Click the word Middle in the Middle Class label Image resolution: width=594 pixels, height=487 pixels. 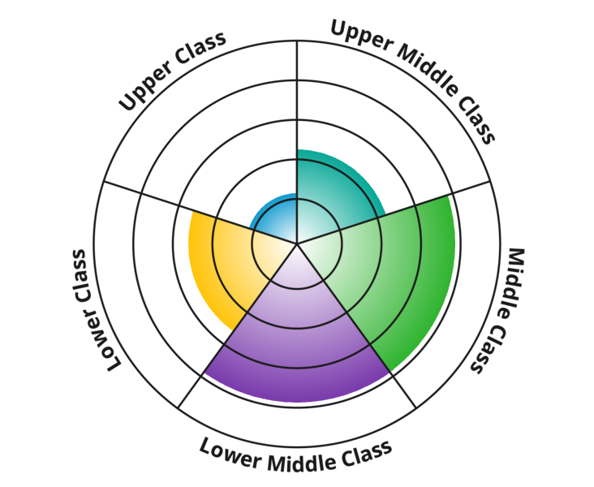[x=514, y=281]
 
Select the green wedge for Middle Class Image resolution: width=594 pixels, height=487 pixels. [x=390, y=276]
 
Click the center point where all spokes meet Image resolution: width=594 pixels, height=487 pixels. [x=297, y=243]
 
